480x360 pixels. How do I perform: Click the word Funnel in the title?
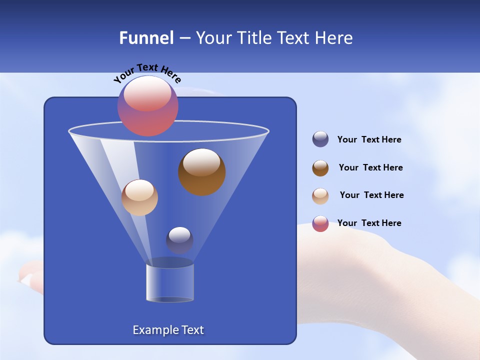(x=146, y=38)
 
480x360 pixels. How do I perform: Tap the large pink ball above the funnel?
(x=148, y=106)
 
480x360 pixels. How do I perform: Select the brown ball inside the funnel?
(x=202, y=172)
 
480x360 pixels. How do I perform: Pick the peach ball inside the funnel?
(x=139, y=197)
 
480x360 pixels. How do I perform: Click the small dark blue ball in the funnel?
(x=179, y=240)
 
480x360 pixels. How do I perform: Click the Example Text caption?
(x=168, y=330)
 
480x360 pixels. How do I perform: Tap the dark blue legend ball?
(x=320, y=139)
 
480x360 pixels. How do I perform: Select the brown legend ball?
(x=320, y=168)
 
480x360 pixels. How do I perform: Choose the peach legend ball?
(x=320, y=196)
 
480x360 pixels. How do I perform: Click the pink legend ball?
(x=320, y=223)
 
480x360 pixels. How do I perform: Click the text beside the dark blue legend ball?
(x=369, y=139)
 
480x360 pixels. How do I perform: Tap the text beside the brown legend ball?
(x=370, y=167)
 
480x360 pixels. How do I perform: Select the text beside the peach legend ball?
(x=371, y=195)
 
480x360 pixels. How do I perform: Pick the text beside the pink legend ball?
(x=369, y=223)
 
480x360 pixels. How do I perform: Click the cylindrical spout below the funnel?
(x=170, y=282)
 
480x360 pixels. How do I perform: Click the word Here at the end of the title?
(x=333, y=38)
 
